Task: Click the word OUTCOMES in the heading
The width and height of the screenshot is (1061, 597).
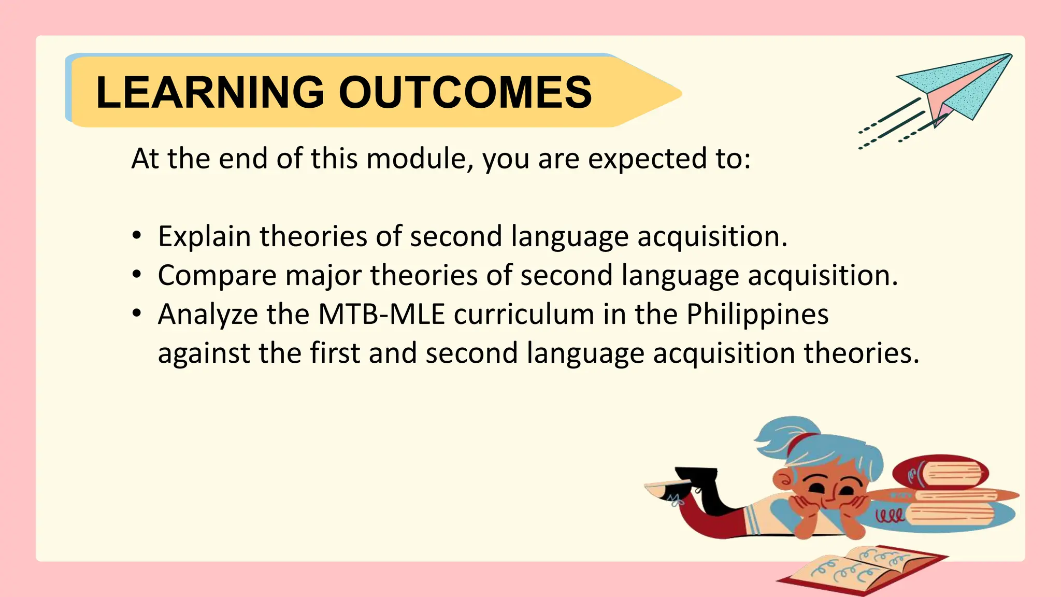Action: tap(465, 92)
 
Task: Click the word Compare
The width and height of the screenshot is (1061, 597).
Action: tap(217, 276)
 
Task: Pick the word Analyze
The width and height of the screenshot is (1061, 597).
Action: tap(208, 315)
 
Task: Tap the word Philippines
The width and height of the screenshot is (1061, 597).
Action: tap(757, 315)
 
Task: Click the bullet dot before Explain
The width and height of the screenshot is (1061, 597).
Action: tap(136, 236)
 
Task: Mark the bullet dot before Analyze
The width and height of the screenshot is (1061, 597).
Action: tap(136, 314)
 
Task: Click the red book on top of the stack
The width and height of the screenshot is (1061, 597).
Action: tap(940, 473)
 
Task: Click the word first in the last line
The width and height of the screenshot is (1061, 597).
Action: tap(335, 353)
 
